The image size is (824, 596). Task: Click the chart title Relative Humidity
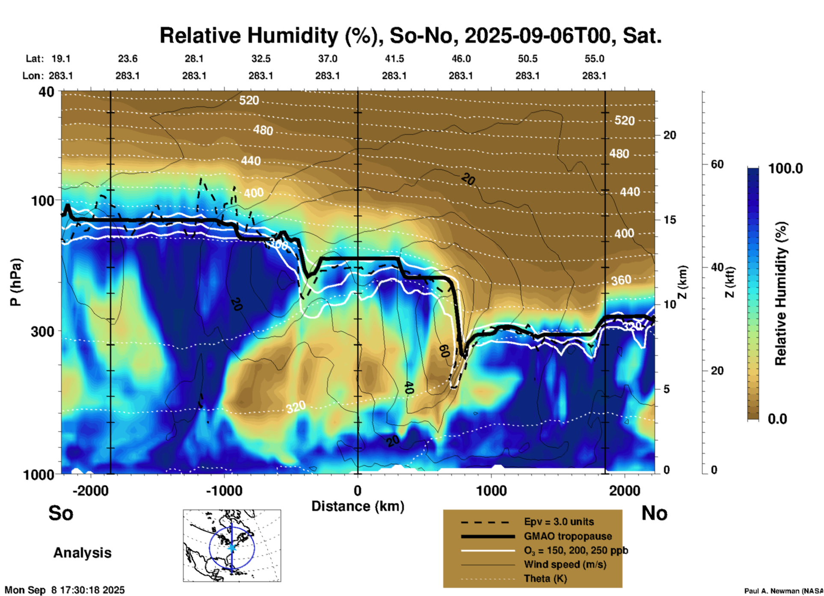[410, 35]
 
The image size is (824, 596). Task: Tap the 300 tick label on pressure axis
[42, 331]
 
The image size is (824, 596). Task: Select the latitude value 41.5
[394, 59]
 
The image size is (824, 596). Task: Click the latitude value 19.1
[61, 59]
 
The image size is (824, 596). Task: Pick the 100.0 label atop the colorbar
[785, 168]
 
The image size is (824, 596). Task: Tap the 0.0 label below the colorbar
[777, 419]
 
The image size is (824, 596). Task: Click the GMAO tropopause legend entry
[568, 536]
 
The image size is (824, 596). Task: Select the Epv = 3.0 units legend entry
[559, 522]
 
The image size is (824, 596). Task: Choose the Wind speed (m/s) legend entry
[565, 564]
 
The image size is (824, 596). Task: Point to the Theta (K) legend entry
[545, 578]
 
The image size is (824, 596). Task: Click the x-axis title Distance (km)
[358, 506]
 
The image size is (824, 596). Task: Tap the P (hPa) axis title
[16, 282]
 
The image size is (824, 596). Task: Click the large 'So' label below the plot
[61, 513]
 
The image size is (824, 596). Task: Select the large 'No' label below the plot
[654, 513]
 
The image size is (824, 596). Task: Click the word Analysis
[82, 553]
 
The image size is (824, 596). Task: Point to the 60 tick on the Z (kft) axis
[717, 164]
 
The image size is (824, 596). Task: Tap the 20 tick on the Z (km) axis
[670, 135]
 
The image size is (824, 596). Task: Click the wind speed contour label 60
[444, 351]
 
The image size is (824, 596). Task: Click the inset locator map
[232, 545]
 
